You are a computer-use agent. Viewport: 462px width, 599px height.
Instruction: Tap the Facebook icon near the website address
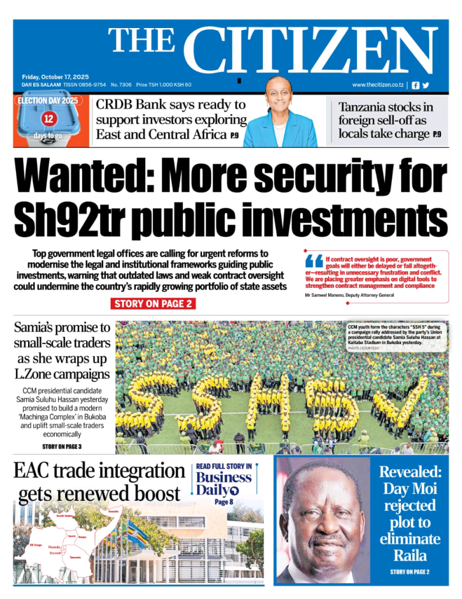(x=416, y=85)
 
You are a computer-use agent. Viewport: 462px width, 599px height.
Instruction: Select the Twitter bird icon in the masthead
(x=426, y=85)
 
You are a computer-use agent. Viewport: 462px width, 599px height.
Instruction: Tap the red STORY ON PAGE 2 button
(x=153, y=304)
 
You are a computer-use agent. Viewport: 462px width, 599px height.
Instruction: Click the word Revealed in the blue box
(x=409, y=471)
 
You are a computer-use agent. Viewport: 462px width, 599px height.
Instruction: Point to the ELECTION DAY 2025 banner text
(x=48, y=100)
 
